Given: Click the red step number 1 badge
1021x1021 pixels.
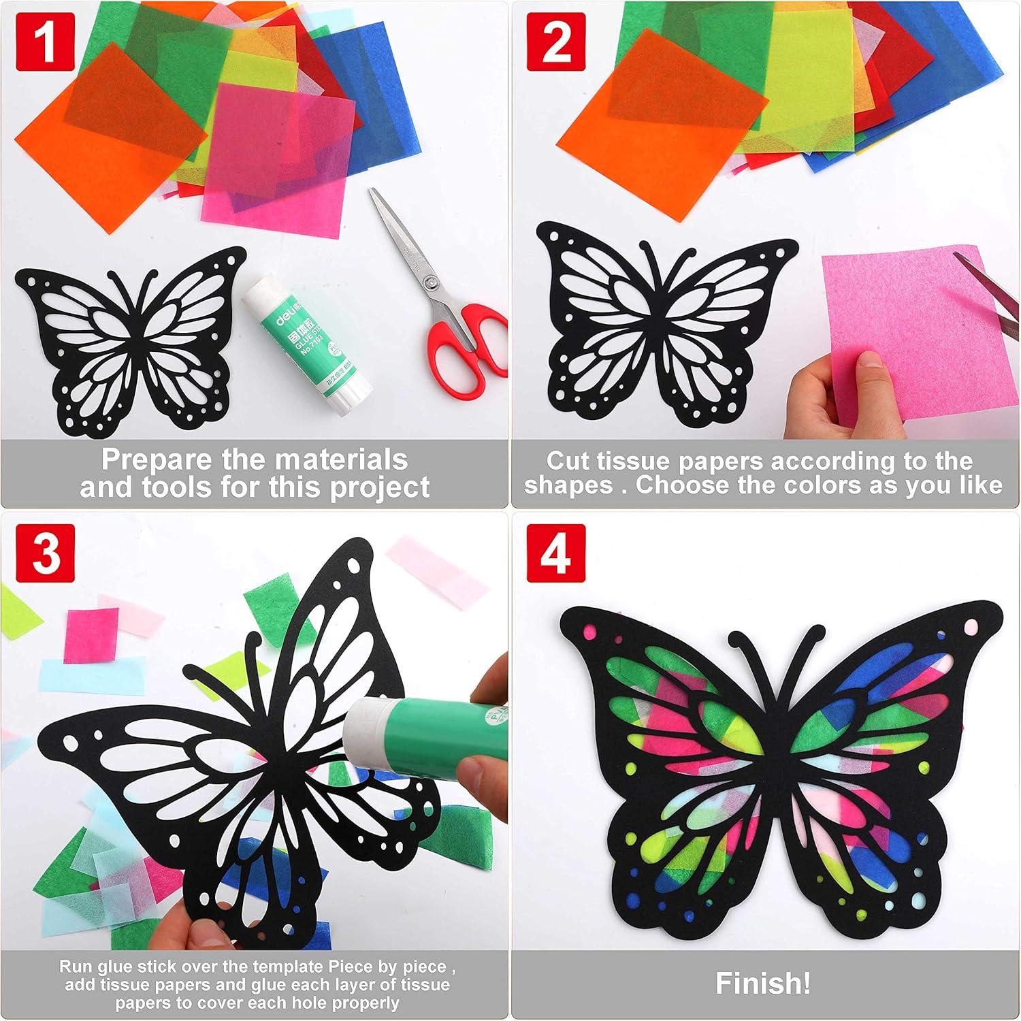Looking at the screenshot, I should click(x=45, y=42).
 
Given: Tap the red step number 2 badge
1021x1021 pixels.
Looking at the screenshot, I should click(x=556, y=42).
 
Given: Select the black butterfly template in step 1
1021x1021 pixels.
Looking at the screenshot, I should click(x=129, y=344).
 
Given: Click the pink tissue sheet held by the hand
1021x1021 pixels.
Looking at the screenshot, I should click(x=905, y=320).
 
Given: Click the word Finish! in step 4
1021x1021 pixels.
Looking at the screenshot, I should click(x=762, y=983).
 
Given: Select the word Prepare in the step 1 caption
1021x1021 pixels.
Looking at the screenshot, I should click(x=157, y=461).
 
